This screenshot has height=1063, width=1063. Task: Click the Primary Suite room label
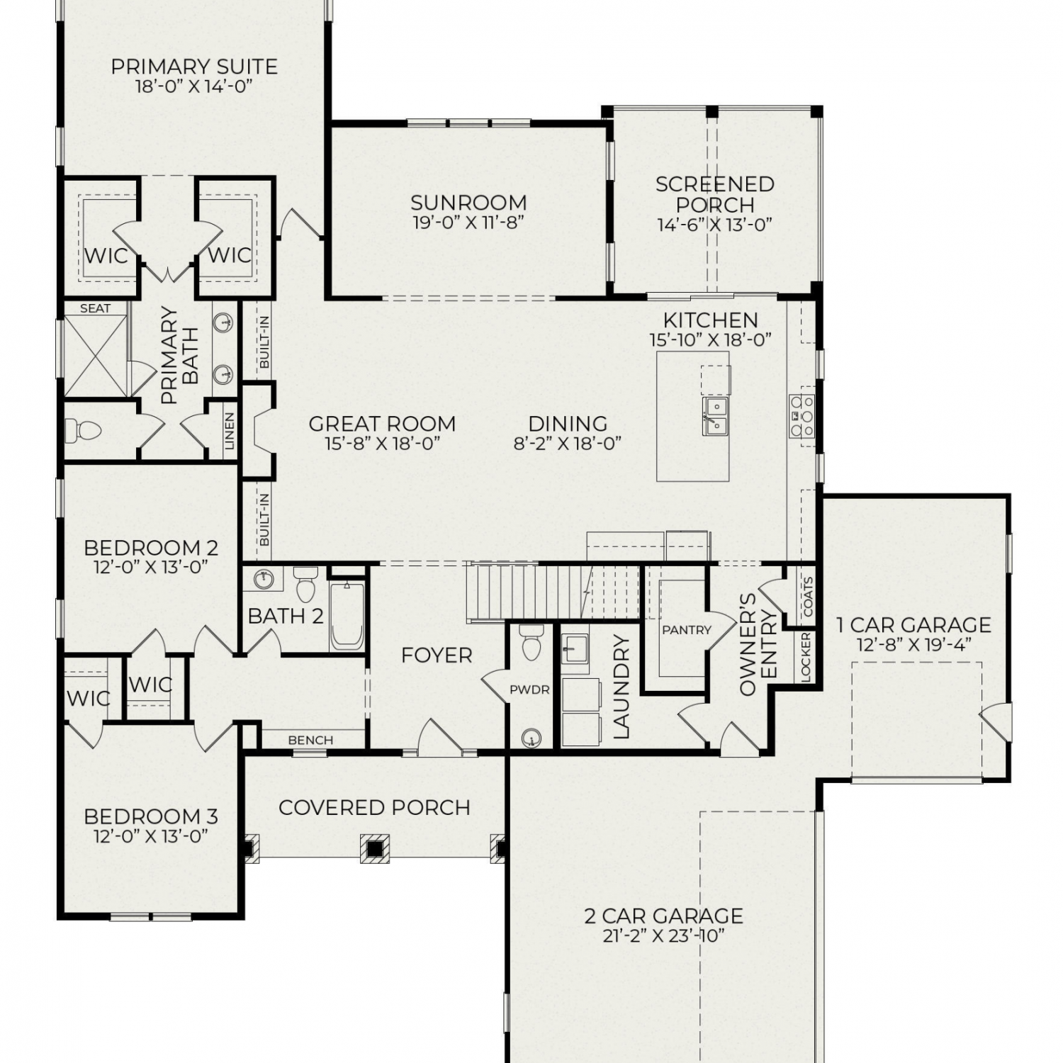pyautogui.click(x=194, y=67)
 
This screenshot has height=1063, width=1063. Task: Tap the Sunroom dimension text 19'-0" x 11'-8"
pyautogui.click(x=468, y=223)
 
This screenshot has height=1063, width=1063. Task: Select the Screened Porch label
pyautogui.click(x=714, y=194)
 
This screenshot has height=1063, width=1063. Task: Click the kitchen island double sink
pyautogui.click(x=715, y=415)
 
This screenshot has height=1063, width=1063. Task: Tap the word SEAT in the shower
pyautogui.click(x=95, y=308)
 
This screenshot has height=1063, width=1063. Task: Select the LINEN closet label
pyautogui.click(x=229, y=432)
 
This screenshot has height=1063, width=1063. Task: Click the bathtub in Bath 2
pyautogui.click(x=347, y=616)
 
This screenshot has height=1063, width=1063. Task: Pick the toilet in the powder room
pyautogui.click(x=529, y=641)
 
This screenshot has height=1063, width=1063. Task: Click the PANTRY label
pyautogui.click(x=686, y=629)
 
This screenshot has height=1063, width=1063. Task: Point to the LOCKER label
pyautogui.click(x=806, y=657)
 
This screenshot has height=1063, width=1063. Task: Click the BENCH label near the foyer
pyautogui.click(x=310, y=740)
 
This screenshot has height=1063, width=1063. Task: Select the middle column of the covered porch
pyautogui.click(x=374, y=848)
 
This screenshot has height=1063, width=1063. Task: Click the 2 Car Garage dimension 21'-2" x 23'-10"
pyautogui.click(x=663, y=935)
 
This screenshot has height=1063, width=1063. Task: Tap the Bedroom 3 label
pyautogui.click(x=151, y=816)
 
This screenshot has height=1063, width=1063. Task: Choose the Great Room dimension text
pyautogui.click(x=382, y=444)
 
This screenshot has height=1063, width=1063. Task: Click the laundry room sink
pyautogui.click(x=575, y=648)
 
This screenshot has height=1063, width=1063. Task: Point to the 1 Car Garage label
pyautogui.click(x=913, y=624)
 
